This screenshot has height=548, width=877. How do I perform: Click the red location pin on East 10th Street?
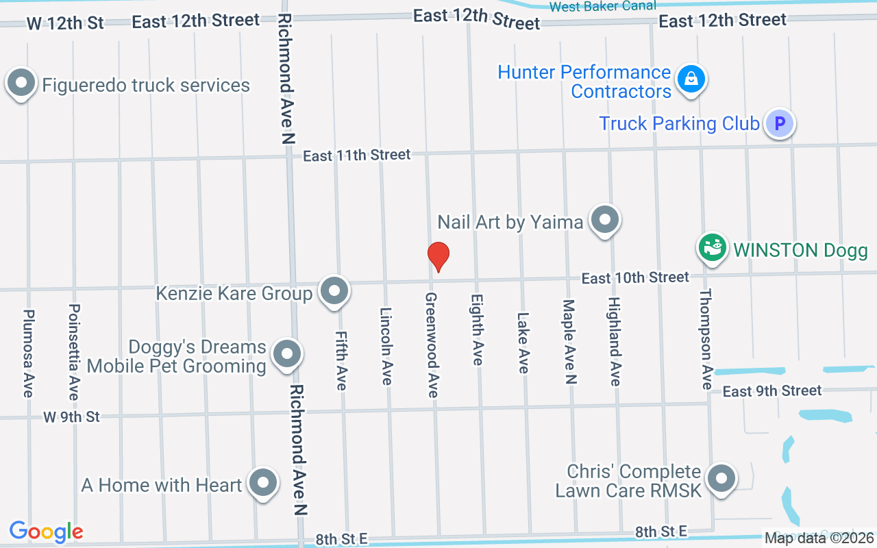[x=438, y=256]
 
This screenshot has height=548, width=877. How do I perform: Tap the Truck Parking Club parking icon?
[x=779, y=124]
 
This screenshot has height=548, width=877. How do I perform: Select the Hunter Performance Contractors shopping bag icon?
[x=692, y=79]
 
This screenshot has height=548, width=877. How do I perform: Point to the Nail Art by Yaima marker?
[x=604, y=220]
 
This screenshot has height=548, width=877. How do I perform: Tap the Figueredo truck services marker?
[x=21, y=84]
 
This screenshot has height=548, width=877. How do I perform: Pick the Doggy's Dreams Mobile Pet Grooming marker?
[x=286, y=354]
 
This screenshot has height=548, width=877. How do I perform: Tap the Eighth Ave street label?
[x=478, y=329]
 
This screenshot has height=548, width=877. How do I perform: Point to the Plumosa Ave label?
[x=28, y=353]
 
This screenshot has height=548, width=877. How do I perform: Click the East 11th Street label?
[x=357, y=155]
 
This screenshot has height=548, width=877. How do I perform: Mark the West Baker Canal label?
[x=602, y=6]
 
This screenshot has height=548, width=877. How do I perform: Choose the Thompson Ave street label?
[x=706, y=339]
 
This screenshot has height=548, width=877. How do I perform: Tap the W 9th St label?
[x=71, y=416]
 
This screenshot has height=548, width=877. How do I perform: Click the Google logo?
[x=46, y=532]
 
